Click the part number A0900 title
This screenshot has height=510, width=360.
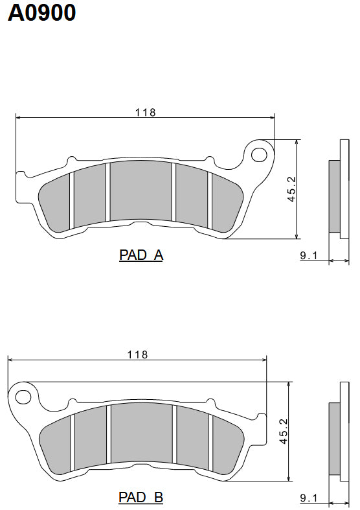tap(41, 12)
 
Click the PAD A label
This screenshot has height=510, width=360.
tap(141, 255)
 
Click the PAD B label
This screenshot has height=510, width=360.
tap(141, 498)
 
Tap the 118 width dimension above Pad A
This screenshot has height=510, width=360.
tap(145, 112)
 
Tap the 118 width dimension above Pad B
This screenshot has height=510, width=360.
tap(137, 354)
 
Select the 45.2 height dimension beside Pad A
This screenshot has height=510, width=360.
tap(291, 189)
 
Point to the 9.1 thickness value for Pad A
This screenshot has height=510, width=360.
tap(308, 256)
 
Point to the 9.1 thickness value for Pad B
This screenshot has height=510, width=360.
tap(308, 498)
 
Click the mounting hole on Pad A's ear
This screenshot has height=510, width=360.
tap(259, 154)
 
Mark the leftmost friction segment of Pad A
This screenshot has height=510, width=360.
tap(54, 201)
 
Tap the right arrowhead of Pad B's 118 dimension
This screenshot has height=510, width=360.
tap(264, 360)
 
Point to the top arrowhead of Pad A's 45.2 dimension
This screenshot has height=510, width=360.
tap(296, 142)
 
